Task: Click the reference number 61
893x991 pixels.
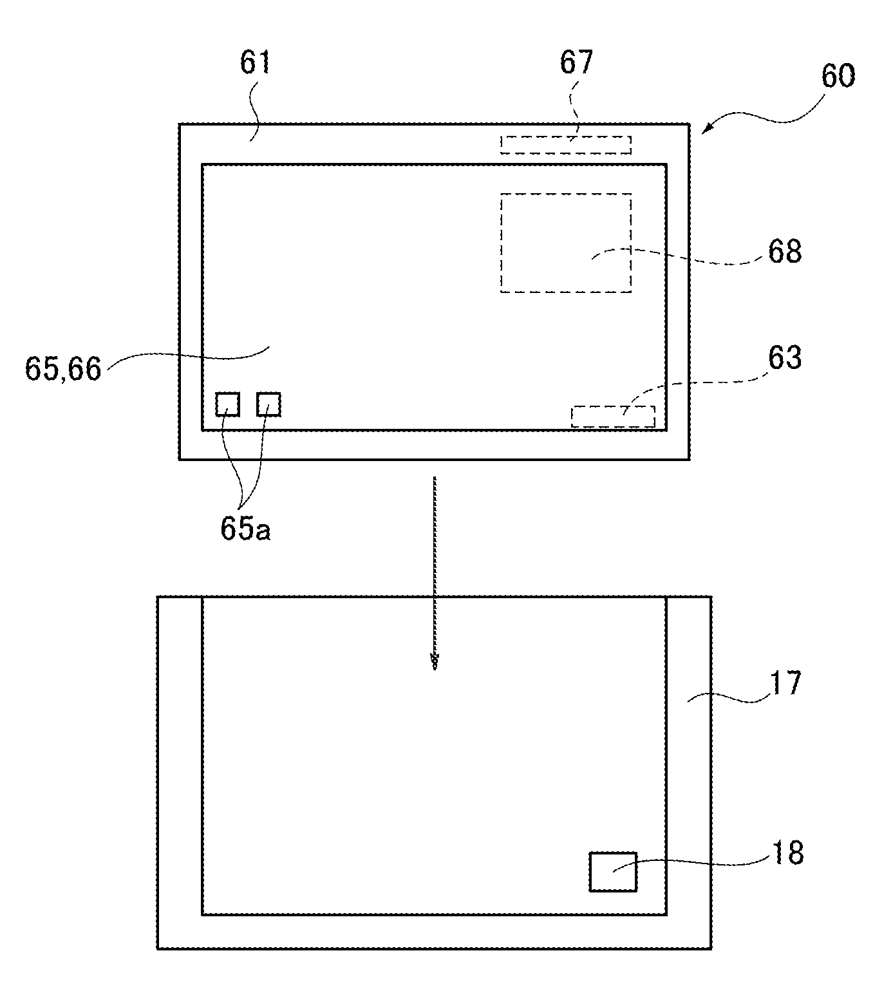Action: [x=256, y=63]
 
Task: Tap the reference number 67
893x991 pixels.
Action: [x=576, y=63]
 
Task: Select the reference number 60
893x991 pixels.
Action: [x=838, y=77]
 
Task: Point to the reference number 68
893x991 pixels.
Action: [x=784, y=251]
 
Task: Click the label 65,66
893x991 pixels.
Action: [x=63, y=369]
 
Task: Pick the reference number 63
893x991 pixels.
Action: [x=784, y=358]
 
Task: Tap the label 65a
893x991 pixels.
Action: [x=245, y=529]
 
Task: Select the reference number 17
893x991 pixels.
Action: [x=785, y=683]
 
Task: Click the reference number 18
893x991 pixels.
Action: [x=786, y=853]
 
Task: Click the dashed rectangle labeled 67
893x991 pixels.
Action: [x=565, y=145]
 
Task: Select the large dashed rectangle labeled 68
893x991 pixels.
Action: [x=565, y=243]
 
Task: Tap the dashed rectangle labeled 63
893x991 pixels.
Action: [x=613, y=417]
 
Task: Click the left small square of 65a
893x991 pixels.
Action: [x=227, y=404]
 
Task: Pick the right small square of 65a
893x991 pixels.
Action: [x=268, y=404]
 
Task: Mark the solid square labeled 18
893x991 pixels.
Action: [x=613, y=872]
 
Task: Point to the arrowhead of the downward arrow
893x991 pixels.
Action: [x=435, y=663]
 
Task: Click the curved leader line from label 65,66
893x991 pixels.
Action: [x=187, y=354]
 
